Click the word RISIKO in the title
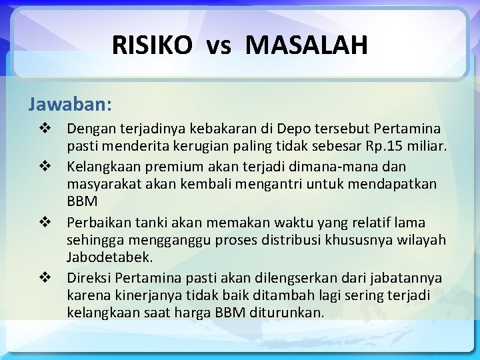[x=152, y=45]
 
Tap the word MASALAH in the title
[x=307, y=45]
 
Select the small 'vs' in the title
[x=219, y=47]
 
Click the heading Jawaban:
[x=70, y=105]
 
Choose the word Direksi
[x=89, y=277]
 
